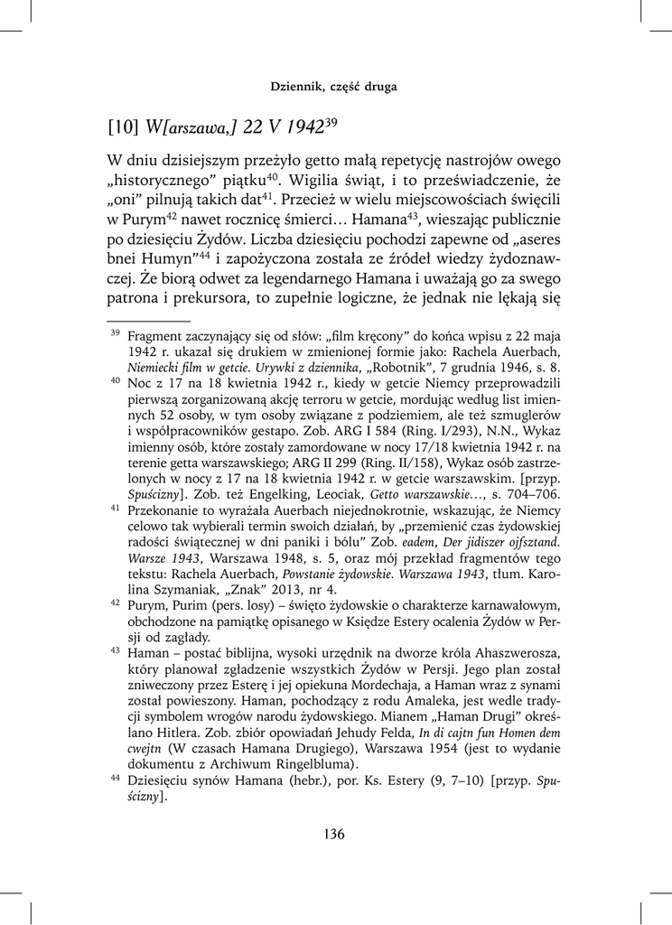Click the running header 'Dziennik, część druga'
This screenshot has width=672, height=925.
tap(335, 87)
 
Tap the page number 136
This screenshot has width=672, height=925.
tap(334, 833)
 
